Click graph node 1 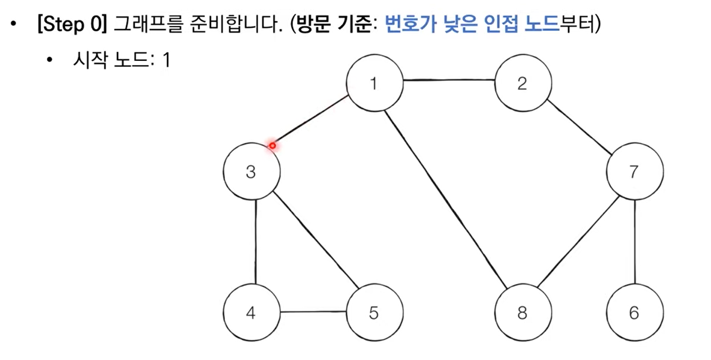coord(374,83)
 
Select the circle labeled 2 coord(522,83)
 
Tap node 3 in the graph coord(251,172)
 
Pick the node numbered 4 coord(251,313)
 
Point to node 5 coord(374,313)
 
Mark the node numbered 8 coord(522,313)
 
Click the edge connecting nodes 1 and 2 coord(448,79)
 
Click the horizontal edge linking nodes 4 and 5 coord(313,312)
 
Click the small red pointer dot coord(273,145)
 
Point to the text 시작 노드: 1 coord(121,61)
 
